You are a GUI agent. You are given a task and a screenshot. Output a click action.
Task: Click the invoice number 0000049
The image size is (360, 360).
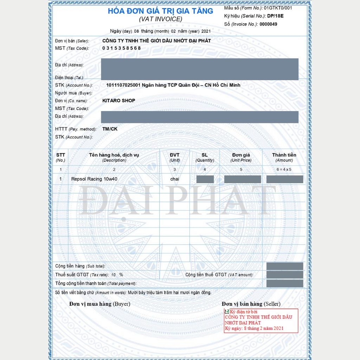click(268, 24)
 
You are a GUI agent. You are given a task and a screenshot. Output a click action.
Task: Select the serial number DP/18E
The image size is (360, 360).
click(275, 16)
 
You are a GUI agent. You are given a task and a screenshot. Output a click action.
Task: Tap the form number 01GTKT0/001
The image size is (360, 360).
click(278, 8)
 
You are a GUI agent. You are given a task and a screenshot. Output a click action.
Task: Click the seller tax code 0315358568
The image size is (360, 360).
click(121, 48)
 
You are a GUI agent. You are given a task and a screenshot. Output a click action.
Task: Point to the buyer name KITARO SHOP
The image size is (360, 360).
click(118, 101)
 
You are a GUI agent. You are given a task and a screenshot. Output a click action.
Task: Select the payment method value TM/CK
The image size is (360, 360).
click(110, 129)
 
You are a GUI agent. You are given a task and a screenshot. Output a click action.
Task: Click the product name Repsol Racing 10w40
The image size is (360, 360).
click(94, 179)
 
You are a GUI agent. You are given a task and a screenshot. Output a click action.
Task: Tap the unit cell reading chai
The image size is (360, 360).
click(175, 179)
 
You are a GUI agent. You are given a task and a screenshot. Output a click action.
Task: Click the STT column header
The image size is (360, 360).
click(60, 155)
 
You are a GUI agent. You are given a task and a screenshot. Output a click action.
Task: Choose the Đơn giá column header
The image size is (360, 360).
click(241, 155)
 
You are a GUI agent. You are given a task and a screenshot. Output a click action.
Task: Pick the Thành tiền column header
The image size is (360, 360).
click(284, 155)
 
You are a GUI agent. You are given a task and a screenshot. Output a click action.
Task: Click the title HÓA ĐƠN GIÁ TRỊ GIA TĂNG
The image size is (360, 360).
click(160, 11)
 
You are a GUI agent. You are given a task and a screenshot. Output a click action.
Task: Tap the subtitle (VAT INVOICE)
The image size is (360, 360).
click(160, 19)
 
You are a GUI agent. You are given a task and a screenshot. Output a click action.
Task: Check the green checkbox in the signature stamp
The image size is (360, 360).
click(227, 311)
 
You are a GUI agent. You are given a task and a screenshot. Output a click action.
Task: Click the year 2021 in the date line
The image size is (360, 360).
click(206, 31)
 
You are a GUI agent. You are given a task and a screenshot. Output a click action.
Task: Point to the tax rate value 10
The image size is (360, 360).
click(113, 275)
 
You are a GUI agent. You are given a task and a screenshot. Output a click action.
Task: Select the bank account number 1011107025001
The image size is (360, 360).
click(123, 85)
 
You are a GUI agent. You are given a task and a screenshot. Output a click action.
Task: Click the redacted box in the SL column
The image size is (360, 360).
click(205, 179)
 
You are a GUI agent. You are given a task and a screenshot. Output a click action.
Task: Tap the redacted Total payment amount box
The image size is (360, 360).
click(285, 283)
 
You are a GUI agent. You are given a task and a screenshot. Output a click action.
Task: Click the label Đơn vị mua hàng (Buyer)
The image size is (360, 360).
click(99, 304)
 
